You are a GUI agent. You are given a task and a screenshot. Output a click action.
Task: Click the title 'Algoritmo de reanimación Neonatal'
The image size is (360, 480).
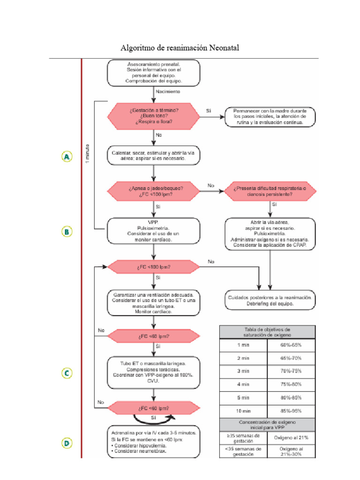pos(180,48)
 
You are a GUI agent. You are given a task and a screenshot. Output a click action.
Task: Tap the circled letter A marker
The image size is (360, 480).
pos(67,157)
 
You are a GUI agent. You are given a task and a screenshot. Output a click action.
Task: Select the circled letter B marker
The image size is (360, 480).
pos(67,231)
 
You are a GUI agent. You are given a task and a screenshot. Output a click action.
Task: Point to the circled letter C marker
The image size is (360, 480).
pos(67,373)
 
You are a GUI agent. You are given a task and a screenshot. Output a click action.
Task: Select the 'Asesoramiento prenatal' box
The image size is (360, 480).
pos(154,73)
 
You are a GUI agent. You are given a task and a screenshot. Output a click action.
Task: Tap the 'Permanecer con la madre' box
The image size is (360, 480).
pos(270,116)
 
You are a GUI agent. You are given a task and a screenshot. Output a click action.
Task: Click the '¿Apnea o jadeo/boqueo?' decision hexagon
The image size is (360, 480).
pos(154,190)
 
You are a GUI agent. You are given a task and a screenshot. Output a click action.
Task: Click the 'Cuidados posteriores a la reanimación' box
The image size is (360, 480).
pos(270,300)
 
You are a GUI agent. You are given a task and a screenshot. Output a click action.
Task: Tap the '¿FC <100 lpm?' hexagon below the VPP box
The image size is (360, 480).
pos(154,267)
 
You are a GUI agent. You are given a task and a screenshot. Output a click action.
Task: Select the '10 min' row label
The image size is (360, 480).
pos(243,411)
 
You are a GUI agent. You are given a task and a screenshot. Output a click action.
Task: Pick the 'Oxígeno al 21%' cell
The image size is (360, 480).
pos(291,437)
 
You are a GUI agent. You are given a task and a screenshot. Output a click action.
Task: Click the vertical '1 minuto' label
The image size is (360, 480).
pos(88,155)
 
